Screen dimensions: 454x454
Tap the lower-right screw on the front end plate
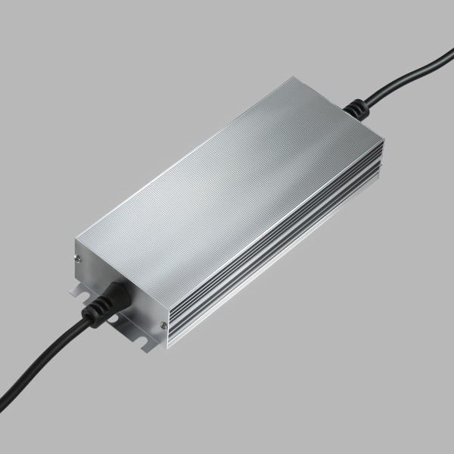(163, 325)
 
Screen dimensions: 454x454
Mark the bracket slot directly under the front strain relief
(114, 319)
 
